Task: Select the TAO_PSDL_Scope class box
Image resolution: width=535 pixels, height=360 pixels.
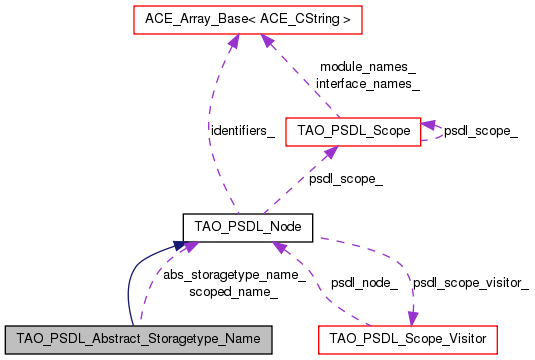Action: [353, 131]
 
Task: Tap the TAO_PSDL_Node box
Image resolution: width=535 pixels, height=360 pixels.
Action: [248, 227]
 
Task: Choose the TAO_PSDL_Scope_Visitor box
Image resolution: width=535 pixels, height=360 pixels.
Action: [407, 339]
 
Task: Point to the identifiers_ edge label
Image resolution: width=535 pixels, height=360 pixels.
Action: [242, 131]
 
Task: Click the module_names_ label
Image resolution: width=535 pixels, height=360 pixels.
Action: [367, 67]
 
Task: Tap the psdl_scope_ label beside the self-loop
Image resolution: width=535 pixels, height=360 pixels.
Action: [480, 131]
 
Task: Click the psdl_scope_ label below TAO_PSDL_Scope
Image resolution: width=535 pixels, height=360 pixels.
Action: [345, 179]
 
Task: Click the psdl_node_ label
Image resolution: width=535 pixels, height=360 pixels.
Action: [364, 283]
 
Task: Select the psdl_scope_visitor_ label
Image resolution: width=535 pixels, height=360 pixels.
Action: [470, 283]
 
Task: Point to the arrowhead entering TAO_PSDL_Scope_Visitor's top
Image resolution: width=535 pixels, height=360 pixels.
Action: [410, 317]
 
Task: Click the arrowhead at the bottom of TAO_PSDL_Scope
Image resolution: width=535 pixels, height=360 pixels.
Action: [327, 152]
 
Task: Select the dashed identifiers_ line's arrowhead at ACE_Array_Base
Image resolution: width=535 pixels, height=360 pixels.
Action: [233, 40]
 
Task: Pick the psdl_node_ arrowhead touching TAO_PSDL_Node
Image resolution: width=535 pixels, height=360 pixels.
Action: [281, 248]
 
